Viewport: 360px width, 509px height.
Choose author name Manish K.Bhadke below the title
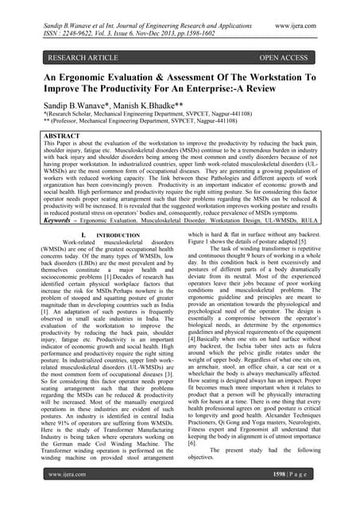[x=150, y=115]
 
